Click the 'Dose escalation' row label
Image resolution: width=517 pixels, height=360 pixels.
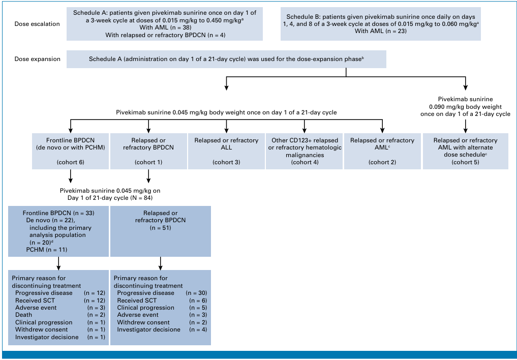[x=37, y=24]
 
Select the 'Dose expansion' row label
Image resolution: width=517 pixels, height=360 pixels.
[x=37, y=59]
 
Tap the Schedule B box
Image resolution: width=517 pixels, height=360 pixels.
[x=380, y=24]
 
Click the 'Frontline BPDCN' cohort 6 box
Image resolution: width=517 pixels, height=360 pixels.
[x=70, y=151]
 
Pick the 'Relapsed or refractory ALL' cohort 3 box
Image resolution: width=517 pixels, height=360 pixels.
[x=226, y=151]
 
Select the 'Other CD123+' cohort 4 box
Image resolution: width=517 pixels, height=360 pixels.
[x=305, y=151]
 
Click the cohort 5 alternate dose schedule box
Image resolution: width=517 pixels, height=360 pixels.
[x=465, y=151]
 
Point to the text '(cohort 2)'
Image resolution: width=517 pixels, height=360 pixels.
[x=382, y=162]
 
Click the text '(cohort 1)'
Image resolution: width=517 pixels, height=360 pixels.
[x=148, y=162]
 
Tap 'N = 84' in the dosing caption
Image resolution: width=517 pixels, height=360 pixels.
[x=141, y=198]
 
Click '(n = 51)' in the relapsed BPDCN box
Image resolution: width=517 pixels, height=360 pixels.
[x=160, y=228]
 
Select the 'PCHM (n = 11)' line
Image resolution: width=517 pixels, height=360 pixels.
[x=46, y=250]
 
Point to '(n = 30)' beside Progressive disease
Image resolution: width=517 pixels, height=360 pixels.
[x=197, y=293]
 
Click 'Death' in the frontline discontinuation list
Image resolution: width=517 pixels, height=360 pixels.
[x=23, y=315]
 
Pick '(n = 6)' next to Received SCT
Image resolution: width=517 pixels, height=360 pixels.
[x=198, y=301]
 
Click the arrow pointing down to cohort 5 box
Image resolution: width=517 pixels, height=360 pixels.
[x=465, y=126]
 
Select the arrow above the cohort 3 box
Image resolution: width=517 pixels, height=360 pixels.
[x=226, y=126]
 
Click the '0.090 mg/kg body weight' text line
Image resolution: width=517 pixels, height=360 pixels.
[x=465, y=106]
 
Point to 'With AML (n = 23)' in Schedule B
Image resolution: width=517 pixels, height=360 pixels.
[x=380, y=31]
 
